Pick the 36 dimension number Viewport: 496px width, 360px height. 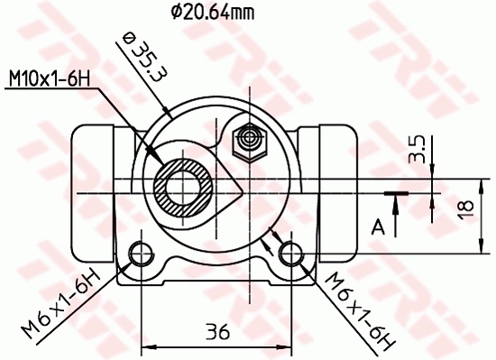tap(216, 331)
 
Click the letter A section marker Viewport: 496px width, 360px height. tap(380, 226)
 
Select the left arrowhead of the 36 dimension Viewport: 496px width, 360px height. tap(148, 346)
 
